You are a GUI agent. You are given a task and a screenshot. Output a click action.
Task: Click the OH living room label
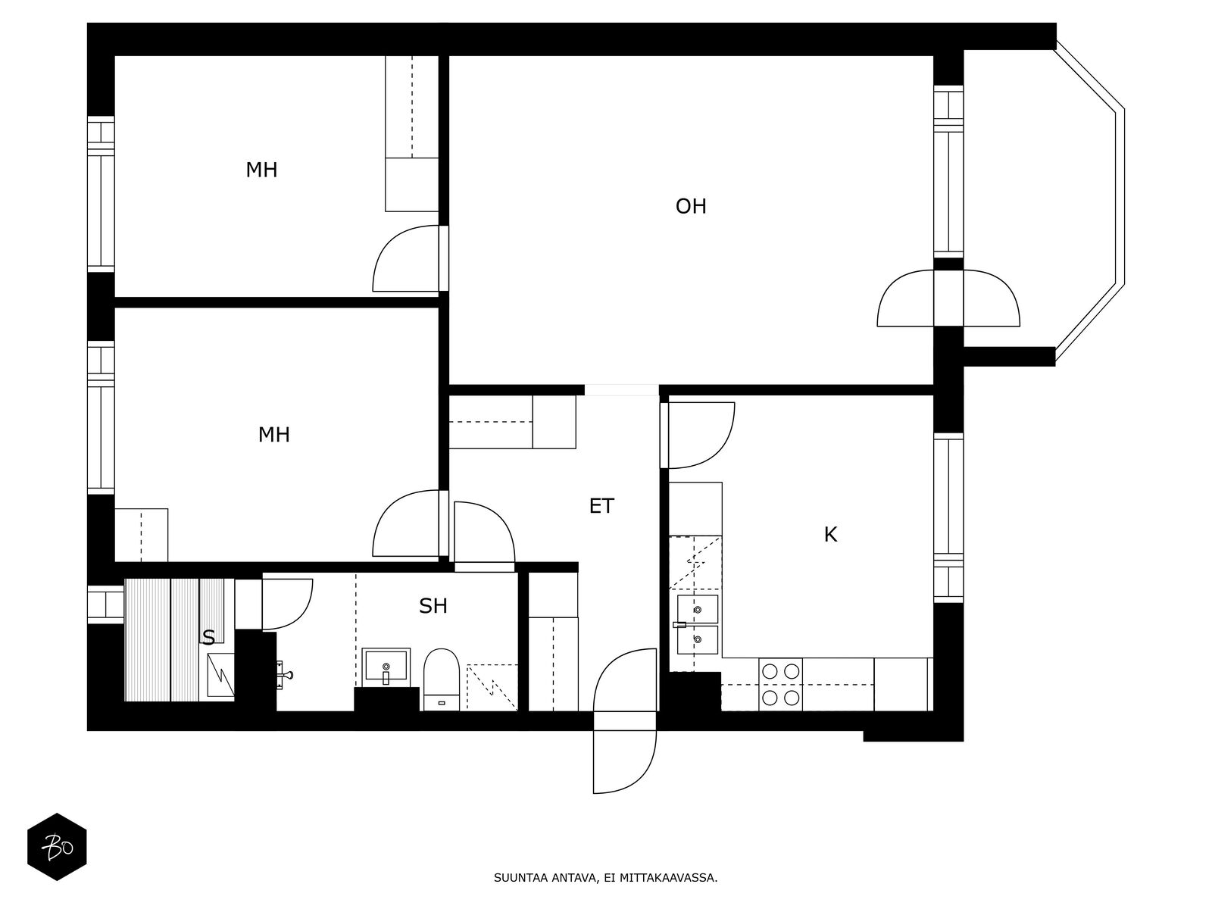coord(691,206)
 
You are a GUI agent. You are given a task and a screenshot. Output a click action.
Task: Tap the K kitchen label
coord(830,534)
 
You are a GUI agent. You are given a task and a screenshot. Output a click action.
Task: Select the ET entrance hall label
coord(601,506)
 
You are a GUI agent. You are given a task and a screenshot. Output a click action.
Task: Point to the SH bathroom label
coord(433,606)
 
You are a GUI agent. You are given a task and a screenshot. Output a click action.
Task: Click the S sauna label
coord(208,638)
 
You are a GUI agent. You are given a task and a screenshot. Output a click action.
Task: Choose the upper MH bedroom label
coord(261,170)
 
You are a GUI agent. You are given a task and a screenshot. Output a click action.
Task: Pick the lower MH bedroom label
coord(274,435)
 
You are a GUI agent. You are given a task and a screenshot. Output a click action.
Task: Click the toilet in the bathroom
coord(441,679)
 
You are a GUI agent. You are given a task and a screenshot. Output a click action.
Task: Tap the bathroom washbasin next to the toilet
coord(386,666)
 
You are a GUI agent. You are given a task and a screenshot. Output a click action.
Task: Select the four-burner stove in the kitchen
coord(781,684)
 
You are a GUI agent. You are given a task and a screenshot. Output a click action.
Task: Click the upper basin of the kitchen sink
coord(698,609)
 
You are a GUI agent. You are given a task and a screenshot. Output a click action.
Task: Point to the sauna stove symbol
coord(220,675)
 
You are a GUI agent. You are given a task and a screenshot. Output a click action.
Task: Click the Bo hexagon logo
coord(57,847)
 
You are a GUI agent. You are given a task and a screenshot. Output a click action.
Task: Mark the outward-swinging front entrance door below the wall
coord(625,761)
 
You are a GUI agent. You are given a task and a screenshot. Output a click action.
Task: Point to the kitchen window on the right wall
coord(948,518)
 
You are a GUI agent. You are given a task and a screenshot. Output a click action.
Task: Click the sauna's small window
coord(105,604)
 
